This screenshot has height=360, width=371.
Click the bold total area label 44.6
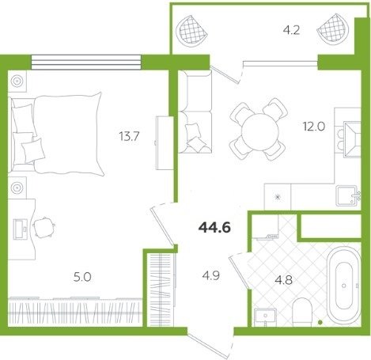(214, 227)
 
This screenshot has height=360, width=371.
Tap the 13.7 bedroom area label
(129, 137)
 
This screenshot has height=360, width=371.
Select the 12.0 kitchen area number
(314, 127)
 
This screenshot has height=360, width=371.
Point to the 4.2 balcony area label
(291, 30)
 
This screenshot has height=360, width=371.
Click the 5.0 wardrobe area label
(82, 277)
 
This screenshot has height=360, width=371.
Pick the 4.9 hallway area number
(211, 276)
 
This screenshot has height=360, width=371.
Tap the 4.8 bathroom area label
(284, 280)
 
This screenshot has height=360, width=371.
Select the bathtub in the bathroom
(343, 286)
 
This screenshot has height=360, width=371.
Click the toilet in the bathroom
(302, 313)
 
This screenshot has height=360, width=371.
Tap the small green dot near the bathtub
(320, 322)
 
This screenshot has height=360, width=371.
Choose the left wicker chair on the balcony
(192, 29)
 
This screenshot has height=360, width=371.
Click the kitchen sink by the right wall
(347, 195)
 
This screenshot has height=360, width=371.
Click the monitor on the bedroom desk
(21, 229)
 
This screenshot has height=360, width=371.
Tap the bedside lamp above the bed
(17, 81)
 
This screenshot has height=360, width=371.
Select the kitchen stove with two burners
(347, 139)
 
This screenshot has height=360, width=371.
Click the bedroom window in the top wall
(86, 63)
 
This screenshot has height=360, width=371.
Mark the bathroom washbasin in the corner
(265, 317)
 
